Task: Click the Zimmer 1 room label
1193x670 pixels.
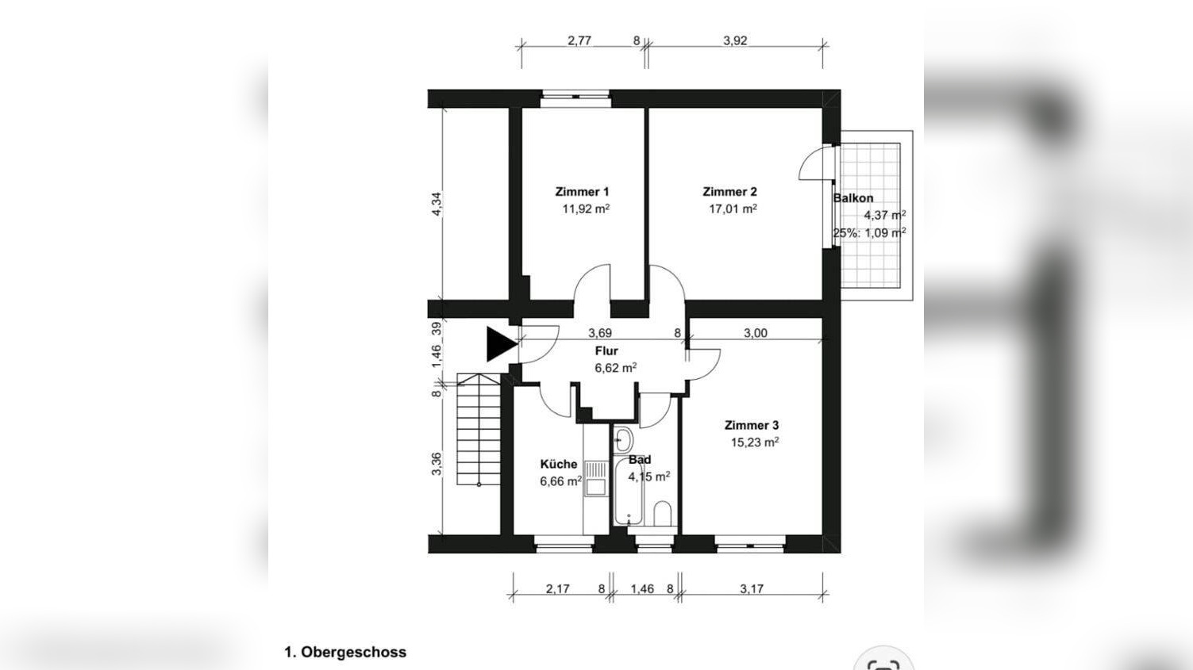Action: [x=582, y=192]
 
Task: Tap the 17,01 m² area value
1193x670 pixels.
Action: [x=732, y=209]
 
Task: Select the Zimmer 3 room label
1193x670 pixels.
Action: [x=751, y=426]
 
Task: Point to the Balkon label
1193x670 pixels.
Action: [x=853, y=198]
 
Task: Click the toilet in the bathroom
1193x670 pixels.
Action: [x=663, y=514]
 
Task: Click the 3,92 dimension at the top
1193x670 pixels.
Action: [x=735, y=41]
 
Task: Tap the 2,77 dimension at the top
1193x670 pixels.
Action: [x=579, y=41]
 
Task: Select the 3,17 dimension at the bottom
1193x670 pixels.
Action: [x=751, y=589]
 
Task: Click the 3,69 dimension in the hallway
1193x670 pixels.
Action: [x=599, y=334]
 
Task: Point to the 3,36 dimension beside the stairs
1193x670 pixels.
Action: [x=437, y=465]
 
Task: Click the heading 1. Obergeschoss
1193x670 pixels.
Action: [x=345, y=653]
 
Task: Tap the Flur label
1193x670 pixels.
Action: [x=606, y=351]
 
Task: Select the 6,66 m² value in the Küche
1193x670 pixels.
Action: [x=560, y=481]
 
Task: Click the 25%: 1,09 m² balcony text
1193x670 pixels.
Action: [x=869, y=233]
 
